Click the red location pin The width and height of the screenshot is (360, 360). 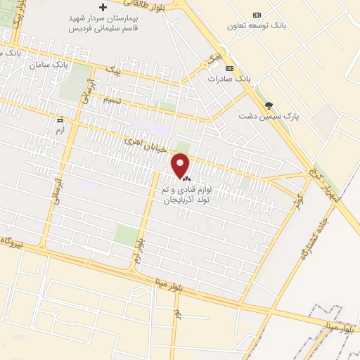click(x=181, y=165)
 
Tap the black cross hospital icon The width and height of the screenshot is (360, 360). click(x=103, y=6)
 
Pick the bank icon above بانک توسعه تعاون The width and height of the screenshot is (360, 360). click(x=257, y=15)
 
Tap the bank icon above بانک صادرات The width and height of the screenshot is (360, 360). click(x=230, y=67)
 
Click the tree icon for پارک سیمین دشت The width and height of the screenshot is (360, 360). click(x=268, y=105)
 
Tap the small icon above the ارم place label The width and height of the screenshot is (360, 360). click(x=59, y=120)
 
